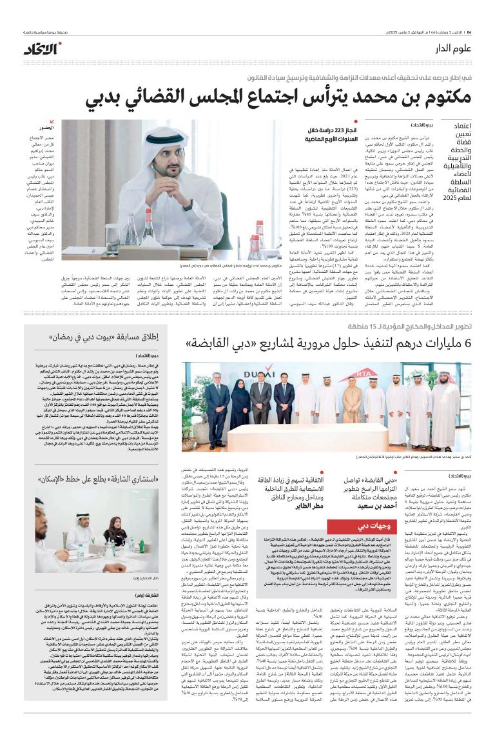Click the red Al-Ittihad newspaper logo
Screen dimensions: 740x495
(43, 48)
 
